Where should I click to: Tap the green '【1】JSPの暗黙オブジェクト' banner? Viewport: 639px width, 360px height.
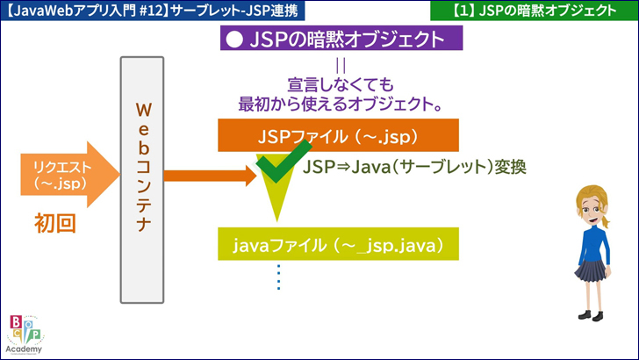click(535, 11)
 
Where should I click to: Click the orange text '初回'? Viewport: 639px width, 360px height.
click(55, 223)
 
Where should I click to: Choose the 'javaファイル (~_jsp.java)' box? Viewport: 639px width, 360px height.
click(338, 243)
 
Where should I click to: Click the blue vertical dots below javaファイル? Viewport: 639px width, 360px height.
click(279, 277)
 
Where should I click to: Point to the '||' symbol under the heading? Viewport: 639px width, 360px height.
click(341, 66)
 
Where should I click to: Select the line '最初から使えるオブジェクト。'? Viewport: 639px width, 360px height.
click(339, 104)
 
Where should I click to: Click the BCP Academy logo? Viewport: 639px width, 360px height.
click(24, 333)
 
